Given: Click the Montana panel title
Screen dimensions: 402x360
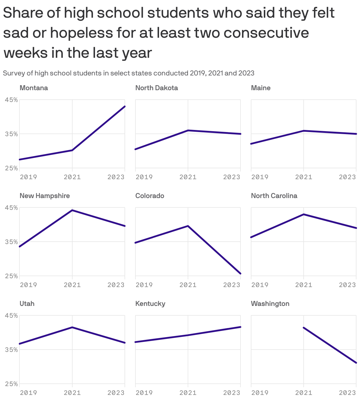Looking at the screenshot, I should point(34,88).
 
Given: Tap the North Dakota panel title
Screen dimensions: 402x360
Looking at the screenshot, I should point(156,88).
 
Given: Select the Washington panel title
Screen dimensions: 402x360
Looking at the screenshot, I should point(270,304).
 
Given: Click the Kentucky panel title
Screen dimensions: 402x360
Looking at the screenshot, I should point(150,304).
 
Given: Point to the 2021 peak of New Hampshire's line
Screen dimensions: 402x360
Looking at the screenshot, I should point(72,210).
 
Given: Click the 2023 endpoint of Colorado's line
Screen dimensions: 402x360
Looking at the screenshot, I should point(240,274).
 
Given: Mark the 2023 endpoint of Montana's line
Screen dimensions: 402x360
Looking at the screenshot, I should point(125,106).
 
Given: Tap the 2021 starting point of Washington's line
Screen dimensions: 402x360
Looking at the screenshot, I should point(304,327).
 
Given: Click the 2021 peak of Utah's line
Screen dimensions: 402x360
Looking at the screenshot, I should point(72,327).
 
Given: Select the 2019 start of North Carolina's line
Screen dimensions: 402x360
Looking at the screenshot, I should point(251,237).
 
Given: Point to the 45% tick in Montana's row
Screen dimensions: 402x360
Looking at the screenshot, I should point(11,100).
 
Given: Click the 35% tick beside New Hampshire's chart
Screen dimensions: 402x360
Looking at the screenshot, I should point(11,242).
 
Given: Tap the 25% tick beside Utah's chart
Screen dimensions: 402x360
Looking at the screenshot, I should point(11,384).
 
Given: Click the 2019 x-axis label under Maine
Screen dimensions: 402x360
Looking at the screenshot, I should point(260,177).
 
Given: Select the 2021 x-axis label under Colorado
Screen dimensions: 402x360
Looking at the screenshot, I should point(188,285).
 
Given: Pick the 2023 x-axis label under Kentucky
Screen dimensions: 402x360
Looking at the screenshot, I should point(232,393).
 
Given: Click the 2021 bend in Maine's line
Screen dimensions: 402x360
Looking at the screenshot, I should point(304,131).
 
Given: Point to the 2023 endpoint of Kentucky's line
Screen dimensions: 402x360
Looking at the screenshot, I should point(240,327).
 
